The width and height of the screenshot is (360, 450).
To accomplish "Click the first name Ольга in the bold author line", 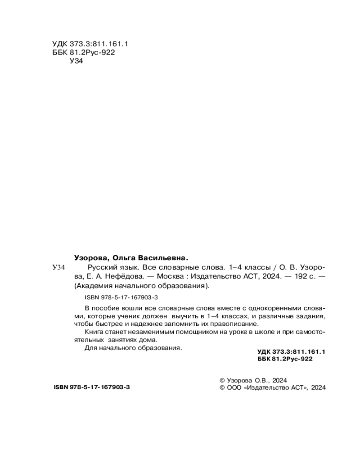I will point(122,258).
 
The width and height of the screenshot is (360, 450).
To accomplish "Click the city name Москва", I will point(170,276).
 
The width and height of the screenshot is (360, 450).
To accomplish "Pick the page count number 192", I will point(293,276).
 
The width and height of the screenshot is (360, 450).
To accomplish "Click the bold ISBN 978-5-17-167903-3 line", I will point(91,387).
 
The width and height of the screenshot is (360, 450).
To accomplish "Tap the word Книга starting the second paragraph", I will point(94,332).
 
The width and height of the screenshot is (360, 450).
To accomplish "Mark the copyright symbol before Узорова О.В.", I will point(220,380).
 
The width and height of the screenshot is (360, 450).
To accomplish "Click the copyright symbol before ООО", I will point(220,387).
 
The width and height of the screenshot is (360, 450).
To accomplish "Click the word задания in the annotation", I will point(310,316).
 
